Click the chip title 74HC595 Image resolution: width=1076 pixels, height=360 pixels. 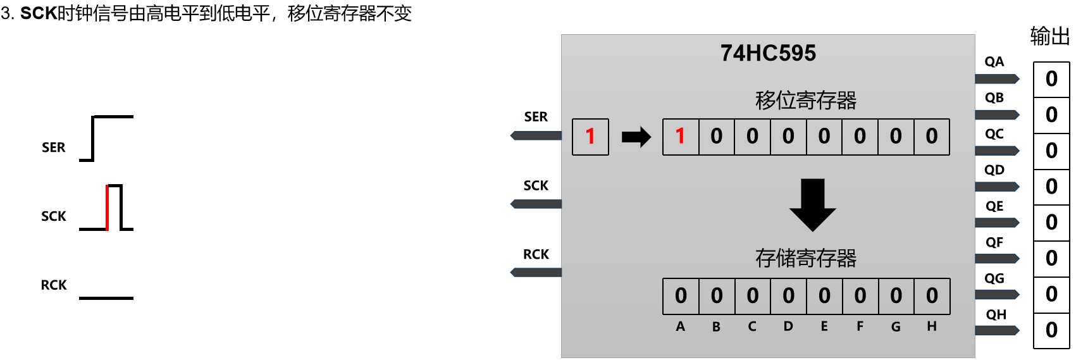point(768,53)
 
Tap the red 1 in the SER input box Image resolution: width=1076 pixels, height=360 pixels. point(590,137)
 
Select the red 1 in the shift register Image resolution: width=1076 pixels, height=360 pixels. point(681,137)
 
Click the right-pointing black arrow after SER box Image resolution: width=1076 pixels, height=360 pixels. point(636,137)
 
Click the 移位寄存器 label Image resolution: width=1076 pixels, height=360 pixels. point(806,101)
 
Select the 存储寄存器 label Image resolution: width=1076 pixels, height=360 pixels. point(806,258)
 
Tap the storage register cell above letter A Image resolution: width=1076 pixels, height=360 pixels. point(681,296)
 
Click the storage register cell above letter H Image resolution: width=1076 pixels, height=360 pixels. point(932,296)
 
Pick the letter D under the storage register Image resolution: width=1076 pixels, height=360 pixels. point(788,326)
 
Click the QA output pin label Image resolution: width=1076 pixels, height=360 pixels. point(994,62)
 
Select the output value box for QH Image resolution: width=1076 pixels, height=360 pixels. point(1051,330)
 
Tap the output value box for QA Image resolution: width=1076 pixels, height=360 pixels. point(1051,79)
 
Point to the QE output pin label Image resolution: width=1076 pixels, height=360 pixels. point(994,206)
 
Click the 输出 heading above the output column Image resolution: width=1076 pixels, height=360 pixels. point(1049,36)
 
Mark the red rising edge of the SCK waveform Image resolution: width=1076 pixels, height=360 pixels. point(108,208)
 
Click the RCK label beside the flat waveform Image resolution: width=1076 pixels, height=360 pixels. point(54,285)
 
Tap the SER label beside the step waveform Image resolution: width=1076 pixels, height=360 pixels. point(54,147)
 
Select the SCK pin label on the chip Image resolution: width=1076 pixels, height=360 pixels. point(536,186)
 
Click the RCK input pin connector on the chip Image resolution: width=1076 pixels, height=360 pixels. point(536,273)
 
